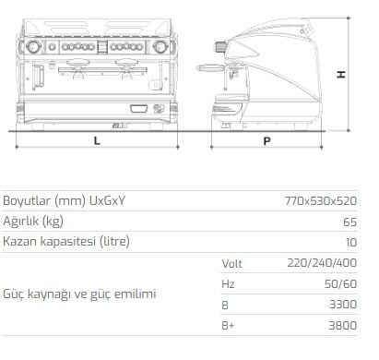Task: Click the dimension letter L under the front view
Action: [x=96, y=140]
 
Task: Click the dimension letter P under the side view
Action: [x=266, y=140]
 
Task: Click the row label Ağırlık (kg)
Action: [x=33, y=222]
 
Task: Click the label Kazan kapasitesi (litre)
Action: [x=65, y=242]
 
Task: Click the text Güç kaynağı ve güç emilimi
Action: [x=79, y=294]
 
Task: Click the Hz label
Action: [x=228, y=283]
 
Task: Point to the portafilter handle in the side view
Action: [x=210, y=68]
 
